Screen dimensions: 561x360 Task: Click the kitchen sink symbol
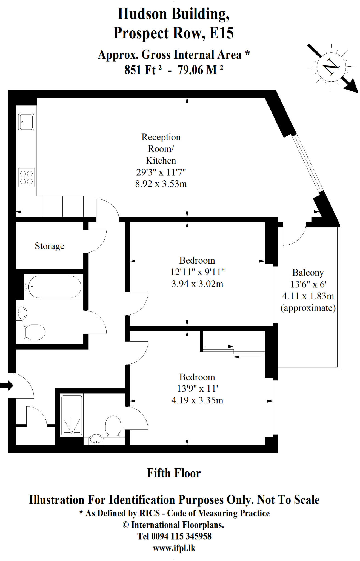pos(26,122)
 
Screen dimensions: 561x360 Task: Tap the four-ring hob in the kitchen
pos(26,178)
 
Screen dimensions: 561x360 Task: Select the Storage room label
pos(50,246)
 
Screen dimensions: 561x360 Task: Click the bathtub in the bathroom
pos(55,287)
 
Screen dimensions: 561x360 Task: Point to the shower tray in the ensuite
pos(72,415)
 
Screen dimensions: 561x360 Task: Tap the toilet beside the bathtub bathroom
pos(35,332)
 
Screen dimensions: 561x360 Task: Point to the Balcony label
pos(308,273)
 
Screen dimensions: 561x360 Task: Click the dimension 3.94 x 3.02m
pos(197,284)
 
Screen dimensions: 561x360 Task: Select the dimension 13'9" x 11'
pos(197,389)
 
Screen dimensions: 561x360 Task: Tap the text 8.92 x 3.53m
pos(161,184)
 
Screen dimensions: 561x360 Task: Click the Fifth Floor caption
pos(174,473)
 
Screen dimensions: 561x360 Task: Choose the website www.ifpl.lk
pos(174,548)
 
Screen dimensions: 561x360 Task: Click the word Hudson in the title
pos(142,14)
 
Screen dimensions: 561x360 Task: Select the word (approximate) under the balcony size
pos(308,308)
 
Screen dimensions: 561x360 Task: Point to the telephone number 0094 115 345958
pos(181,536)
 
